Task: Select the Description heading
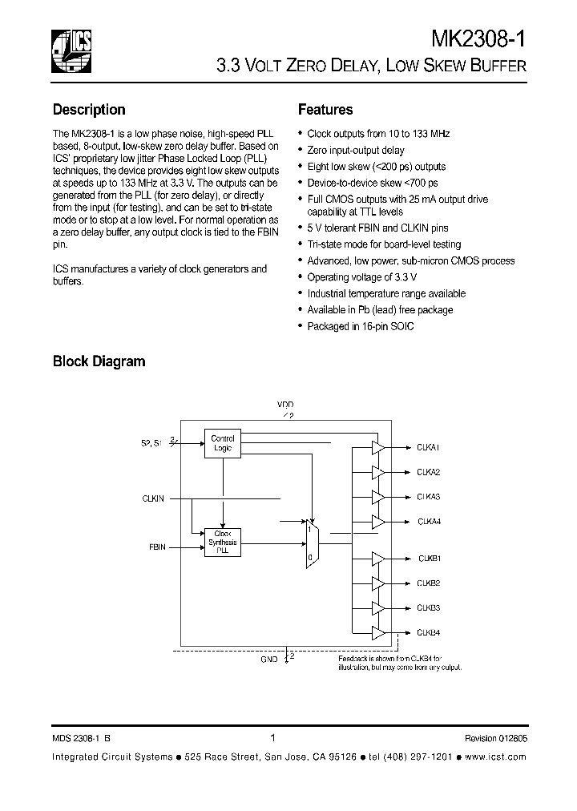[x=89, y=110]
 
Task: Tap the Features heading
[x=325, y=110]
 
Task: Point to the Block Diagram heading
[x=99, y=361]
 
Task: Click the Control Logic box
[x=222, y=442]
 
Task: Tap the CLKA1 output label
[x=429, y=446]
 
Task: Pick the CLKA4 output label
[x=429, y=522]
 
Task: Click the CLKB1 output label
[x=429, y=558]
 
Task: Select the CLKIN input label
[x=153, y=498]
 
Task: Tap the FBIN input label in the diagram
[x=157, y=547]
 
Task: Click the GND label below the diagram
[x=269, y=659]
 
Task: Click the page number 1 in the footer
[x=273, y=738]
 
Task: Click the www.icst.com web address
[x=494, y=757]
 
